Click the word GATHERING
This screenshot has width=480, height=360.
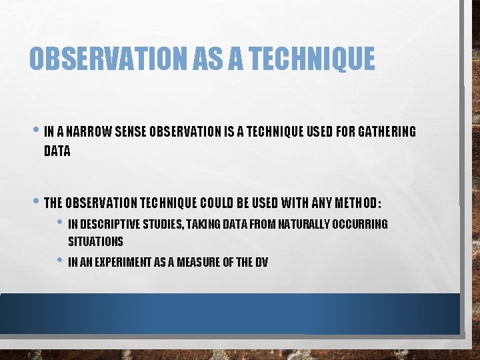387,132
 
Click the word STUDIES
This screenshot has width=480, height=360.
161,224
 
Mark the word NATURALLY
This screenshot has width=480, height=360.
304,224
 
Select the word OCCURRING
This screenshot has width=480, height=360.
360,224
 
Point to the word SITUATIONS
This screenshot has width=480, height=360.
95,241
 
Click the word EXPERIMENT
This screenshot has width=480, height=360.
127,263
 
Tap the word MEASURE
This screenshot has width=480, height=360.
198,263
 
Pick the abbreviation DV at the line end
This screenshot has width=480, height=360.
261,263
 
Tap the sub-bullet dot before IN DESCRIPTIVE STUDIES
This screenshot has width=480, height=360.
61,223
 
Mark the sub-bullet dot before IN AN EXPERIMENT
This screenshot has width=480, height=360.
61,261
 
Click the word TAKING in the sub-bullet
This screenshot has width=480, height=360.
202,224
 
